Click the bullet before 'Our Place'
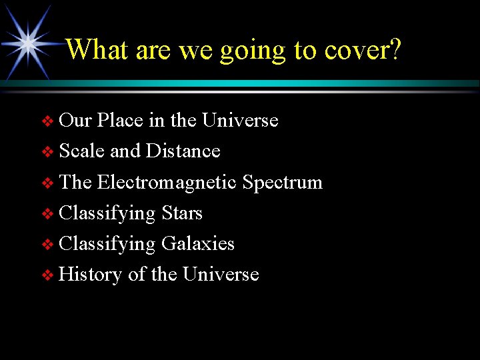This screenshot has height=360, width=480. [47, 121]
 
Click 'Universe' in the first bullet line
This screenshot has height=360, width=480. [240, 121]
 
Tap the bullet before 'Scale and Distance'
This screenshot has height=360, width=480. [47, 152]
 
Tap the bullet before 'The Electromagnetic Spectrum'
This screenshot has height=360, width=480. [47, 183]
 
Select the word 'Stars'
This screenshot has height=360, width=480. [181, 213]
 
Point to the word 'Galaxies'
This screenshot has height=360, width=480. [197, 244]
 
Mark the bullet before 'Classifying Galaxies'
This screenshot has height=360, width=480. [47, 245]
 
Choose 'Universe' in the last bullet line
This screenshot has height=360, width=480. [221, 275]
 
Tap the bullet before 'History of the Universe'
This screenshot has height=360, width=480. [47, 275]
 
